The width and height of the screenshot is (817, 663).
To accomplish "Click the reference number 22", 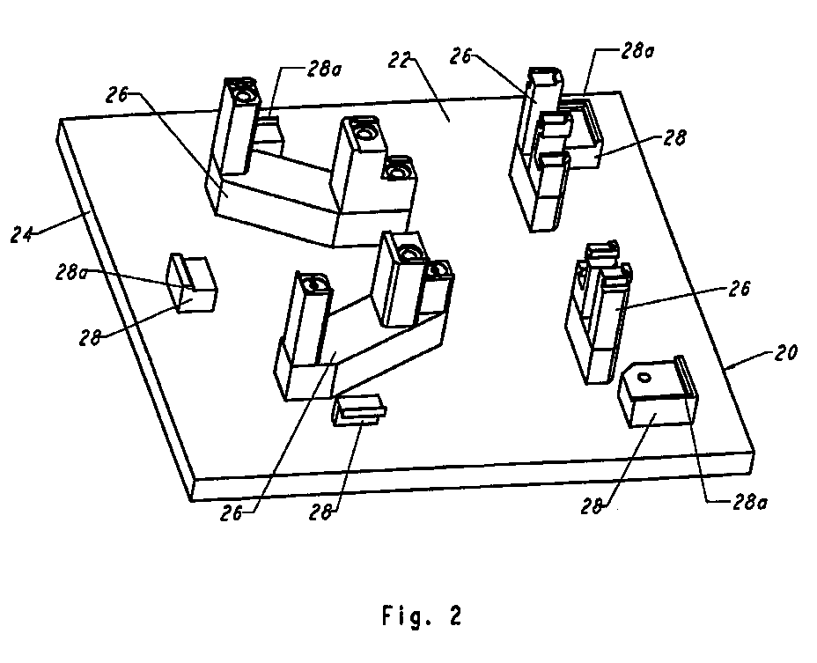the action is click(400, 61).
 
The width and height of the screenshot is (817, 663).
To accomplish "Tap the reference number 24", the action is click(21, 234).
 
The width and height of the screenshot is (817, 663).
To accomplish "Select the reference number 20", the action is click(785, 353).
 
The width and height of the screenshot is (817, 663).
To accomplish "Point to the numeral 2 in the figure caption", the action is click(455, 615).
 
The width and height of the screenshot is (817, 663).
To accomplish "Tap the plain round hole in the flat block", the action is click(644, 377).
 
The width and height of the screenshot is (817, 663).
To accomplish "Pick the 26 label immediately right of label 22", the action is click(461, 56).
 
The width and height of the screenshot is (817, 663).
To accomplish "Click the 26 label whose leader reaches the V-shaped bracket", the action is click(232, 513).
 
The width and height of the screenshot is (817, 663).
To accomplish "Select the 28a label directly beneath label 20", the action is click(750, 502).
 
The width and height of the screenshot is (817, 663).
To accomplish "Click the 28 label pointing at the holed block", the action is click(593, 506).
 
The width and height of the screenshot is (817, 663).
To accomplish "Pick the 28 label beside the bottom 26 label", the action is click(320, 512).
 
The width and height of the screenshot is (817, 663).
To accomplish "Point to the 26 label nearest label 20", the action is click(739, 289).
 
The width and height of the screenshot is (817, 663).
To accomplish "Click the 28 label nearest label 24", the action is click(90, 337).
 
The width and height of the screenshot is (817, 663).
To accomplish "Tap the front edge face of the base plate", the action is click(473, 475).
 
